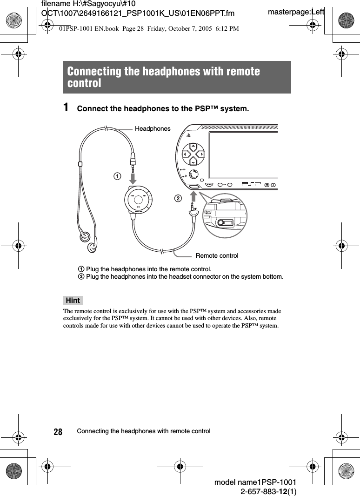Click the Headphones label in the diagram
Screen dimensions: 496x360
coord(153,129)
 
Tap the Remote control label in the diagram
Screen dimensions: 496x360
coord(217,256)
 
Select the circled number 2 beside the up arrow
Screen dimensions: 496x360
coord(177,199)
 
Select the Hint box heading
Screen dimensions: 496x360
coord(73,300)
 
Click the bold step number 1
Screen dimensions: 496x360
coord(67,108)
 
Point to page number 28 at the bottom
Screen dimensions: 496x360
coord(58,432)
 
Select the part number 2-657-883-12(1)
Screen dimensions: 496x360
coord(268,491)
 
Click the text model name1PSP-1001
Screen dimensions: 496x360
coord(255,483)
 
